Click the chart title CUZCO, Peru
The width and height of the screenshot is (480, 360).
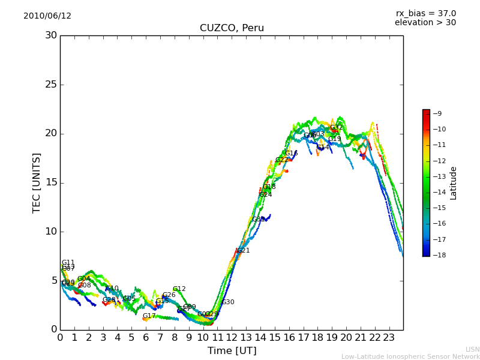point(232,28)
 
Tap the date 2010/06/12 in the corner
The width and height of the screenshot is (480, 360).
point(47,16)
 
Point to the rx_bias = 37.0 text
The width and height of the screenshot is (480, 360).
point(425,14)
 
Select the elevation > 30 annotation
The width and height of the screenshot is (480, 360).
point(425,23)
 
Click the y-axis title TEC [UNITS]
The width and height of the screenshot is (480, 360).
point(37,182)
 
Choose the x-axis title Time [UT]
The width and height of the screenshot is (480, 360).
point(232,351)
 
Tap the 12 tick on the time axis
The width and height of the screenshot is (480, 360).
point(232,337)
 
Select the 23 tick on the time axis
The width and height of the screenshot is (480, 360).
point(389,337)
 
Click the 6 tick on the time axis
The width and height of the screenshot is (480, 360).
point(146,337)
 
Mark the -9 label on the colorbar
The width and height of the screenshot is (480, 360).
point(437,114)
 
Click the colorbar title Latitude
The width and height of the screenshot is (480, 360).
point(454,183)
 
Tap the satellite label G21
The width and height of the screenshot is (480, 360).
point(243,251)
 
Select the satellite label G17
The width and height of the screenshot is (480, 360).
point(149,316)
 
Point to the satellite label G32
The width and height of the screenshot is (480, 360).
point(336,128)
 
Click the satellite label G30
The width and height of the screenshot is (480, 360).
point(228,302)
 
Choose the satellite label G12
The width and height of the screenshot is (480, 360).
point(179,289)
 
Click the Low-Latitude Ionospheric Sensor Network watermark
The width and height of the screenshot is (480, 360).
point(410,357)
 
